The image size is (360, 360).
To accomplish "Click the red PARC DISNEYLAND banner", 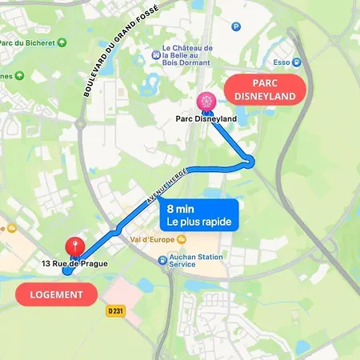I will point(264,90).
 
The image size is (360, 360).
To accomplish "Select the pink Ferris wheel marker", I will point(206,102).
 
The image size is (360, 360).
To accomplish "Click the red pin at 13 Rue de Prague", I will point(75,246).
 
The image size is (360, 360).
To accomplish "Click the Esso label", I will point(280,62).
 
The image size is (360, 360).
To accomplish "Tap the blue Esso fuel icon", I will point(297,62).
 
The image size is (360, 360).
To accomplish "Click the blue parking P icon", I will point(235,26).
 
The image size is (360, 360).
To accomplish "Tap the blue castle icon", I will point(157,56).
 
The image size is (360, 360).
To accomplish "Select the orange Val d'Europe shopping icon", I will point(182,238).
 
